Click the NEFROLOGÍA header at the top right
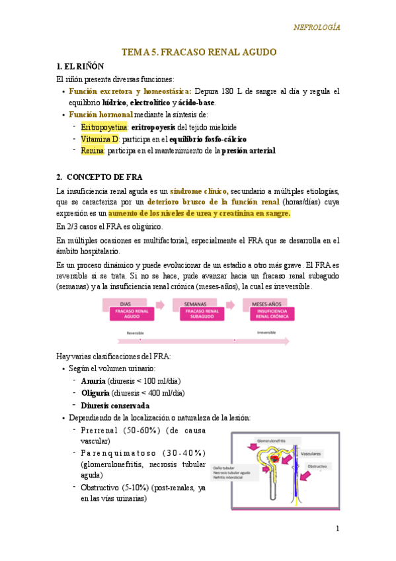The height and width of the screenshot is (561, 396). click(x=317, y=27)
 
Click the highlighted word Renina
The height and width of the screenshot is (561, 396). click(x=93, y=151)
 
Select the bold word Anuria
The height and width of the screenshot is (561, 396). click(x=93, y=381)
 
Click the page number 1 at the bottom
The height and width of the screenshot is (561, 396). click(x=337, y=529)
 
